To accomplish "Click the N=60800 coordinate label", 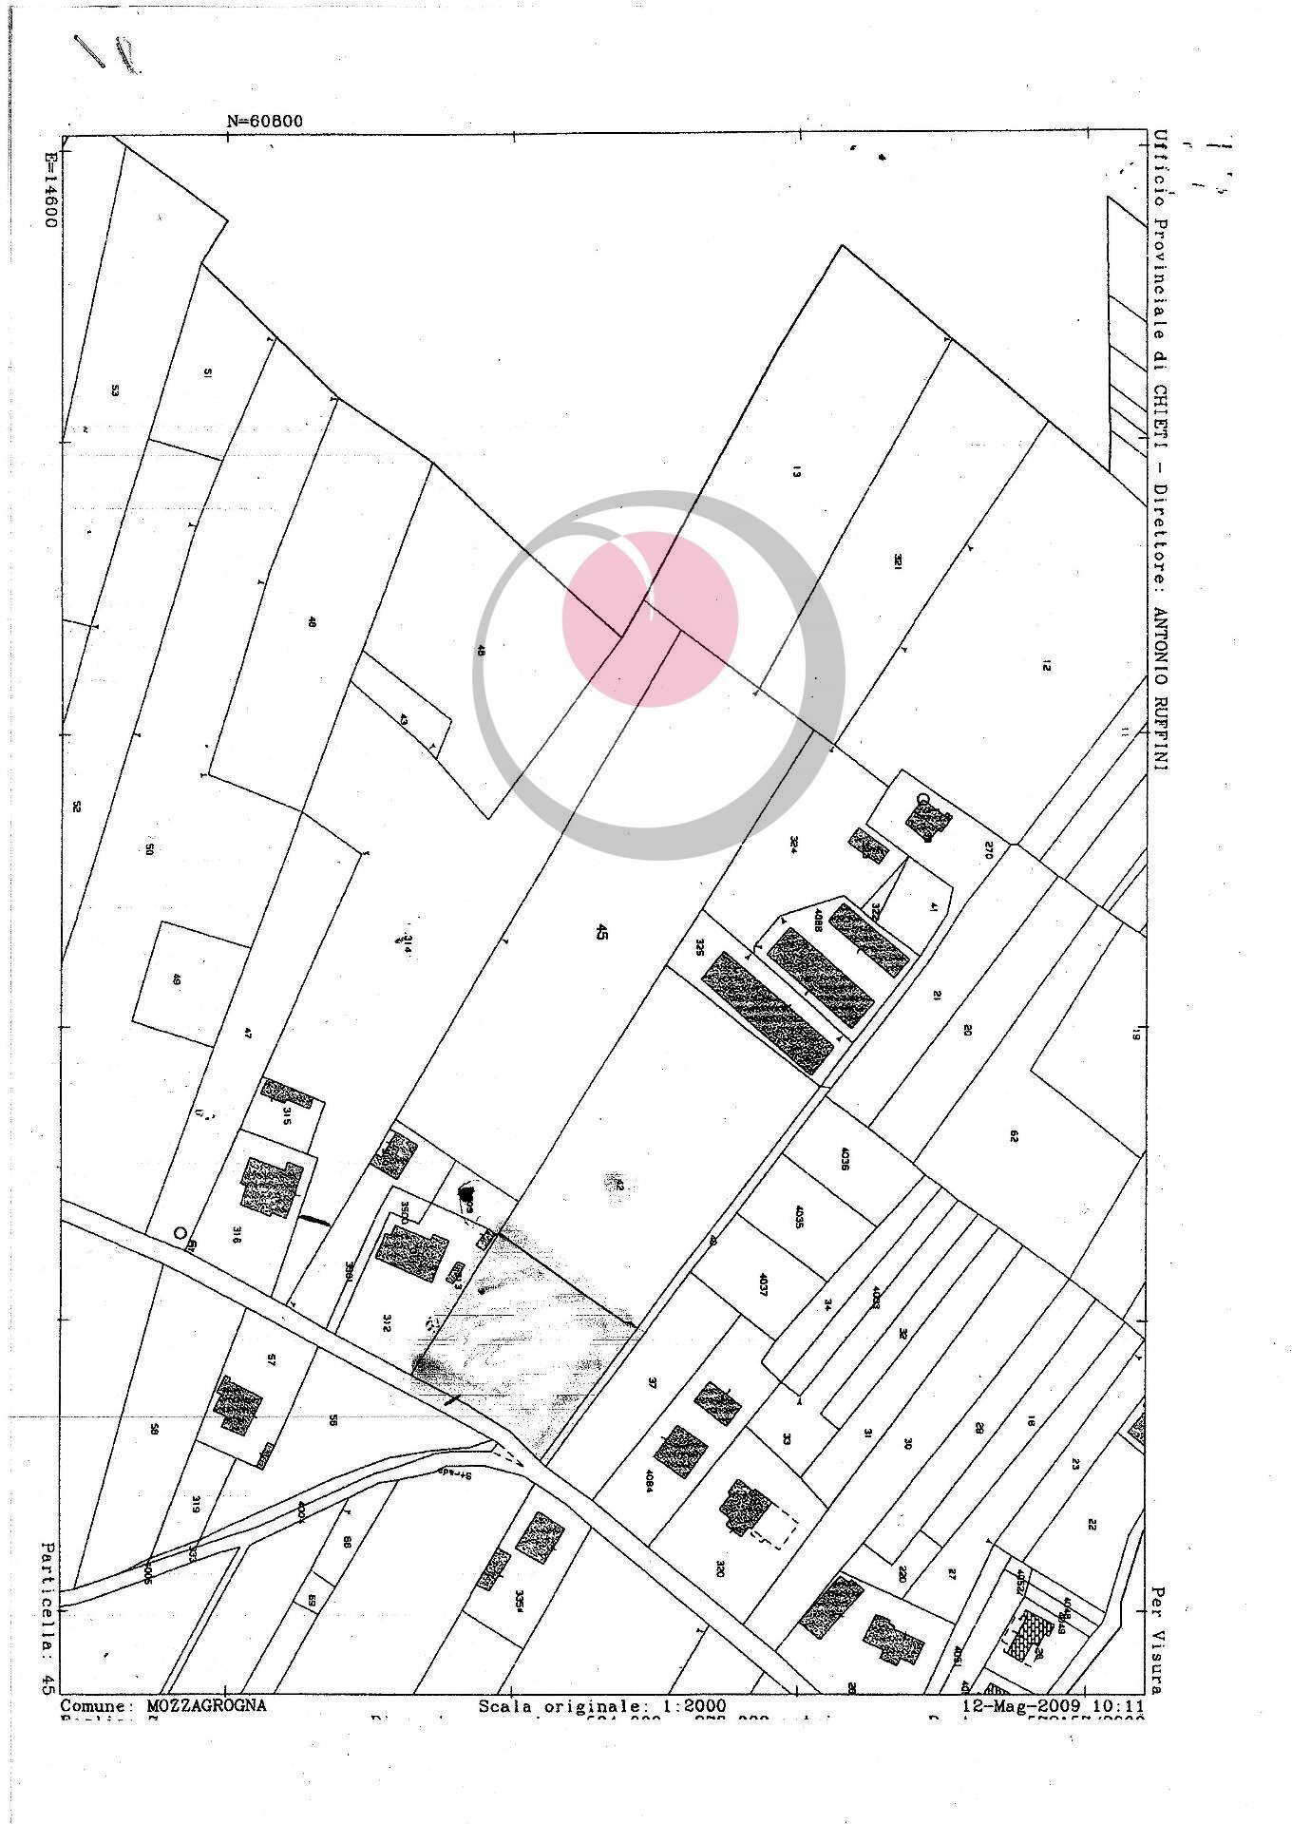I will (x=265, y=121).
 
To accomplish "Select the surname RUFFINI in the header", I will (x=1161, y=715).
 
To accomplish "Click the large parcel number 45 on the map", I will (x=600, y=932).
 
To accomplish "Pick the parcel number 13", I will (x=796, y=471).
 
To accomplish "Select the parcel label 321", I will (x=897, y=561).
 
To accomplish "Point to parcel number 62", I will (x=1014, y=1135).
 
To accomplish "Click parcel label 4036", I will (x=845, y=1160).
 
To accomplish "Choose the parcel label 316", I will (x=235, y=1234).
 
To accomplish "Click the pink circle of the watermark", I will (x=651, y=618).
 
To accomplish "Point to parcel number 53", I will (x=115, y=389).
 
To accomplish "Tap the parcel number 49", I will (x=176, y=979).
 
